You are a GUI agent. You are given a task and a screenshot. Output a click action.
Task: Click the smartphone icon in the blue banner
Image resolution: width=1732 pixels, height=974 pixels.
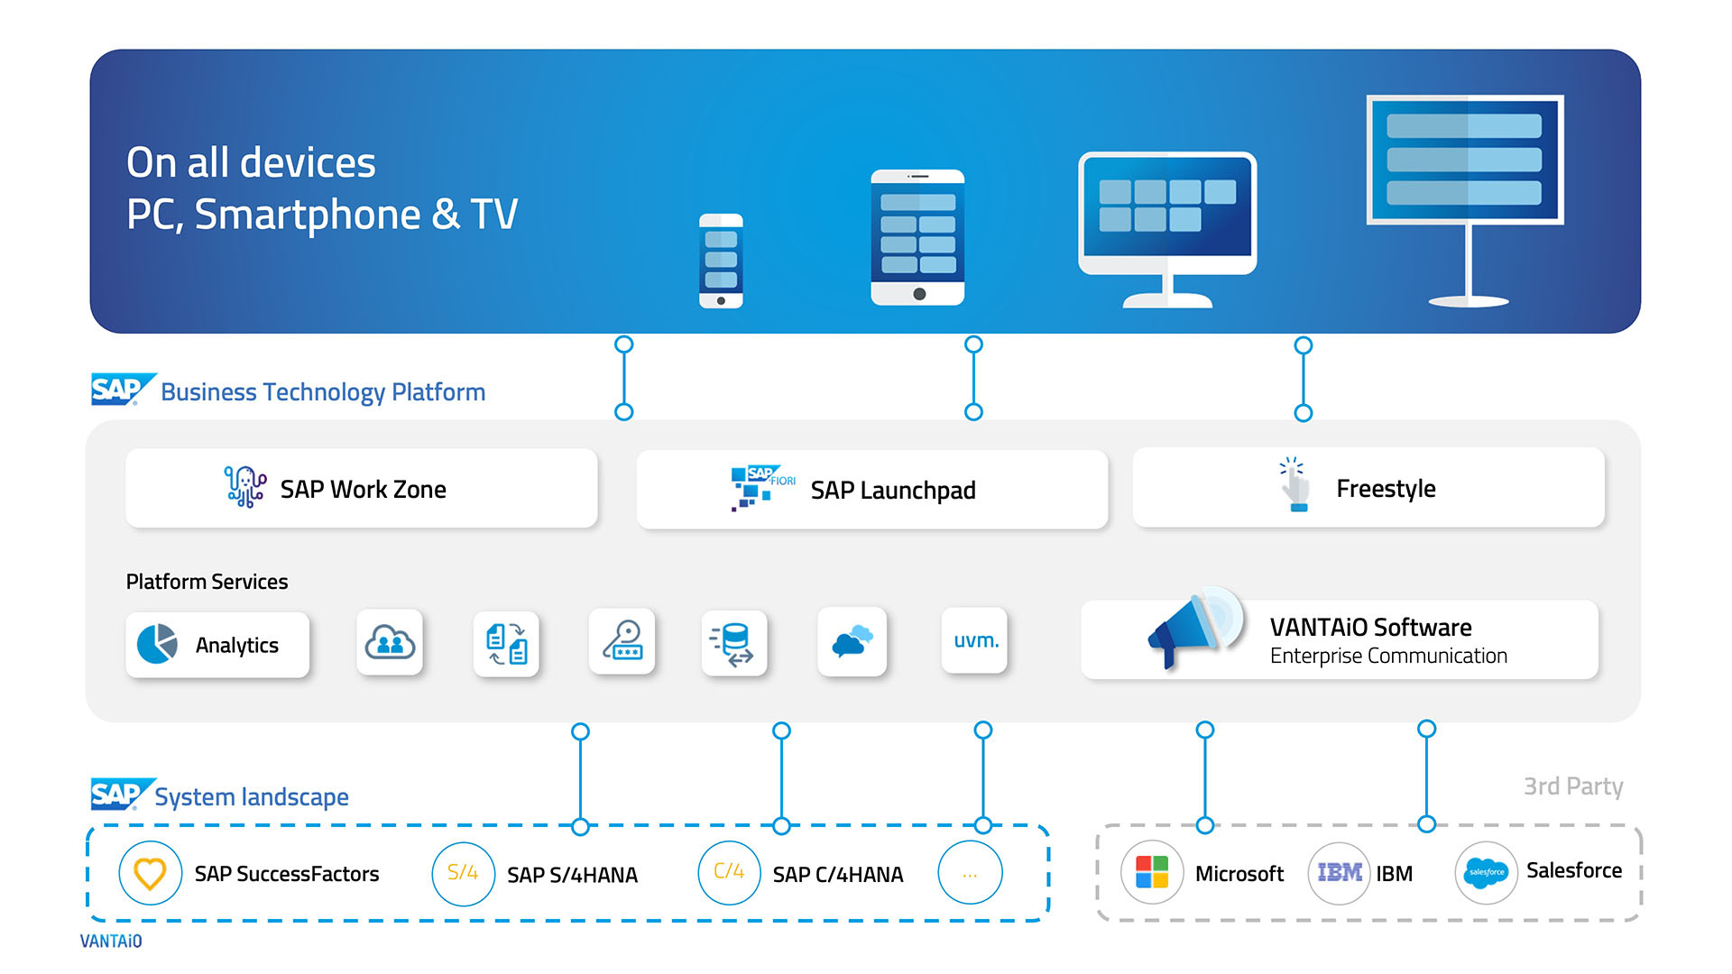(x=721, y=261)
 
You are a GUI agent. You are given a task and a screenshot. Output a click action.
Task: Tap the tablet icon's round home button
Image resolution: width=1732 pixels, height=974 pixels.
(x=918, y=294)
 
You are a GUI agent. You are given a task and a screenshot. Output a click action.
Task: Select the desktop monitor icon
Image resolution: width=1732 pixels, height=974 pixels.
(x=1167, y=216)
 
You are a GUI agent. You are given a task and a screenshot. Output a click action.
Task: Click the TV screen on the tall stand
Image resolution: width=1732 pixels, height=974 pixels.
(x=1464, y=160)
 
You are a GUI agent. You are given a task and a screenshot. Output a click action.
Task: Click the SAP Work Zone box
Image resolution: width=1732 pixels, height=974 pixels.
(x=362, y=488)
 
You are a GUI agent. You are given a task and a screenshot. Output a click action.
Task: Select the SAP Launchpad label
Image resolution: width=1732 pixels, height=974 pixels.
(x=892, y=490)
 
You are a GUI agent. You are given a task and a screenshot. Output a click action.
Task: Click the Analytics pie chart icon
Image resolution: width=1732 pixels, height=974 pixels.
(x=158, y=644)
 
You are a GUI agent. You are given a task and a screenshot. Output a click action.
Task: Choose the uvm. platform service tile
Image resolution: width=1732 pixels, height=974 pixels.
(x=975, y=640)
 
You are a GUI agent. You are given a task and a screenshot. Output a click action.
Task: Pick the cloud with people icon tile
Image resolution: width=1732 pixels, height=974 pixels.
(x=390, y=642)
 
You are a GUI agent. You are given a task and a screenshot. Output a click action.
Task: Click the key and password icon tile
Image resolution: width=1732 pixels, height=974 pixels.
(x=622, y=641)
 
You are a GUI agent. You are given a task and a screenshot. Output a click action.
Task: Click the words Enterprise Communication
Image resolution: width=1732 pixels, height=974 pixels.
(x=1387, y=656)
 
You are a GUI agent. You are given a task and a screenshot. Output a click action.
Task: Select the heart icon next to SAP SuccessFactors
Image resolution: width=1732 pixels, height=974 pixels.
(x=150, y=873)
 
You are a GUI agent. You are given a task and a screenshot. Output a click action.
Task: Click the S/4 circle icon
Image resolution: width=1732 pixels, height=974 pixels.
(x=463, y=873)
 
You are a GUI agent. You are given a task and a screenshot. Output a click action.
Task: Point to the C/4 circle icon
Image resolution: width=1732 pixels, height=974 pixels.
(x=729, y=872)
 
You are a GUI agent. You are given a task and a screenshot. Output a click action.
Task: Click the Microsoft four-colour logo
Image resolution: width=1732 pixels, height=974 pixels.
(x=1152, y=872)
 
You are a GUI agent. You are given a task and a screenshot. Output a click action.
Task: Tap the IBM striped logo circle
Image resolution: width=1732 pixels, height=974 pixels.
(x=1340, y=872)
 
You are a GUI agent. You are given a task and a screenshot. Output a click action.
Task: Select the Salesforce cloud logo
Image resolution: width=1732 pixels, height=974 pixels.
(x=1486, y=872)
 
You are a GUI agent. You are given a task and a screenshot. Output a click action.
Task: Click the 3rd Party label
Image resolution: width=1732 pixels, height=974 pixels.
(x=1572, y=786)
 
